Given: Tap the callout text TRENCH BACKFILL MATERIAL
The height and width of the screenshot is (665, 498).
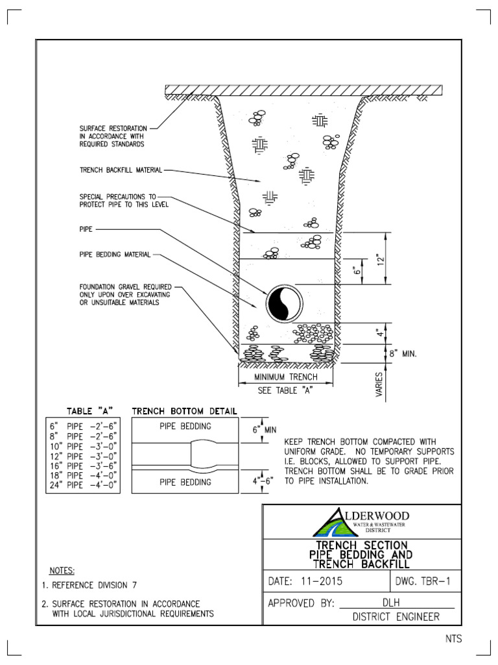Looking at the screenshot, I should [x=121, y=170].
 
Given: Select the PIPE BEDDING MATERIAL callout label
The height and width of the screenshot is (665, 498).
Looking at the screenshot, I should [x=115, y=255].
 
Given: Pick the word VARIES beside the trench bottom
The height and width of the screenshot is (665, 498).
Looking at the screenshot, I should [x=379, y=384].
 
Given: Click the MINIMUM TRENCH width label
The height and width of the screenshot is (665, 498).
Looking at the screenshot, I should [x=286, y=377].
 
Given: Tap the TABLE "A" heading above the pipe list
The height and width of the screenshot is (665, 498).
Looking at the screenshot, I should [x=86, y=411].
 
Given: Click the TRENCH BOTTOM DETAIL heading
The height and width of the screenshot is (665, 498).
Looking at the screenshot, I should [x=184, y=411].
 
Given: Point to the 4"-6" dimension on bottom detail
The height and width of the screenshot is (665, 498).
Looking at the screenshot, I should [x=265, y=481].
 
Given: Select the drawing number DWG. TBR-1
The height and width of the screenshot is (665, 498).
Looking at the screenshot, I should [x=426, y=581].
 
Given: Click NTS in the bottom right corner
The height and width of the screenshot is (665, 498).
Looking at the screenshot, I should [x=453, y=638].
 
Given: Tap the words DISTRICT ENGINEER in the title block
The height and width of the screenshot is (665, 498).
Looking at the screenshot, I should [x=396, y=617].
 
